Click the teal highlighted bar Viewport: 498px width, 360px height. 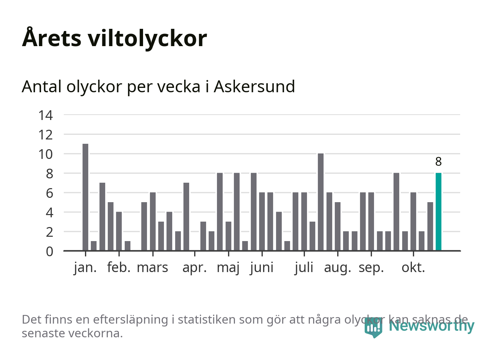click(x=438, y=212)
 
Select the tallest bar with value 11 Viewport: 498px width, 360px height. click(x=85, y=197)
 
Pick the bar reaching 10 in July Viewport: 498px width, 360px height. click(x=321, y=202)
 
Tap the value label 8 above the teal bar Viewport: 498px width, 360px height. click(x=438, y=162)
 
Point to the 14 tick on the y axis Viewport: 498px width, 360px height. click(x=46, y=115)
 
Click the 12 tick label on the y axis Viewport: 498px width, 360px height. click(x=46, y=135)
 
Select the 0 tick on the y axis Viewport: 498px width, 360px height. click(x=49, y=251)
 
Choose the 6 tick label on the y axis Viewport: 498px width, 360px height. click(x=49, y=193)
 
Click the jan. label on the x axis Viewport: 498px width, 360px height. click(x=85, y=268)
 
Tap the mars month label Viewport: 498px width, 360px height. click(x=152, y=268)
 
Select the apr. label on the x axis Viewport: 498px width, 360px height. click(x=195, y=268)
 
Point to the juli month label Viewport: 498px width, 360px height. click(x=304, y=268)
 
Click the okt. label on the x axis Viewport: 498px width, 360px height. click(x=413, y=268)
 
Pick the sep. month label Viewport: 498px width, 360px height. click(x=371, y=268)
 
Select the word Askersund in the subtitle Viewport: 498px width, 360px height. click(x=254, y=86)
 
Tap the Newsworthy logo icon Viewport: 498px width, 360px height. click(x=373, y=327)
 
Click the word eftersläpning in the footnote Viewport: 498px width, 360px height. click(x=131, y=320)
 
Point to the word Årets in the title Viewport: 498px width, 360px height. click(x=52, y=38)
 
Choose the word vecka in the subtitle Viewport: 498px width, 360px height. click(x=181, y=86)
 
